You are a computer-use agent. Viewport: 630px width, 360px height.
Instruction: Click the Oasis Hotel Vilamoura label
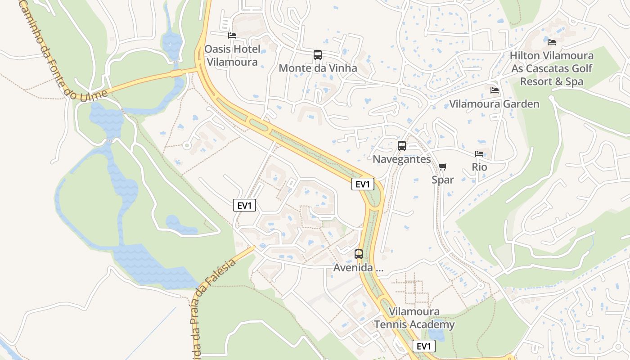(x=232, y=55)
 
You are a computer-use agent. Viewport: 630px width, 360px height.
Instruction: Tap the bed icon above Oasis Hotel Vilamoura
(x=232, y=35)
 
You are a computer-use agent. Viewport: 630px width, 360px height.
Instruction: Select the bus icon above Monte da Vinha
(x=318, y=55)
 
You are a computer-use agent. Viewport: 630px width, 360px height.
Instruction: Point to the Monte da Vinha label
(x=318, y=68)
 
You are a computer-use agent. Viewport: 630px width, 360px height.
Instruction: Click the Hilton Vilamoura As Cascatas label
(x=552, y=69)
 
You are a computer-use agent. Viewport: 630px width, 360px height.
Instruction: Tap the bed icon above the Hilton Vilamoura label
(x=552, y=42)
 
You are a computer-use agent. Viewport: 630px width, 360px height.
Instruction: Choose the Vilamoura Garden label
(x=494, y=104)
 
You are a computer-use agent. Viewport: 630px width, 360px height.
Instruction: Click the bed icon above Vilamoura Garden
(x=495, y=90)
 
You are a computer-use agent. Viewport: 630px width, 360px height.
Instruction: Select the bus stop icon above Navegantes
(x=402, y=146)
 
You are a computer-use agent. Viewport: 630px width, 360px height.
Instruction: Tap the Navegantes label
(x=402, y=159)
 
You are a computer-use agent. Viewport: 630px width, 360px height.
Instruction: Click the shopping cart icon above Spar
(x=443, y=167)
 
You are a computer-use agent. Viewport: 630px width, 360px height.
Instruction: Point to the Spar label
(x=443, y=180)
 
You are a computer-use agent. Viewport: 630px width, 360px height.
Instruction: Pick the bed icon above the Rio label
(x=479, y=154)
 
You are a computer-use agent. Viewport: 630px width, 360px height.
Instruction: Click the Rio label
(x=479, y=167)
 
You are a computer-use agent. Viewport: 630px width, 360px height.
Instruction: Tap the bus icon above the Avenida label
(x=359, y=254)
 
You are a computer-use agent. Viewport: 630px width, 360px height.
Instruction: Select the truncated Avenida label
(x=359, y=268)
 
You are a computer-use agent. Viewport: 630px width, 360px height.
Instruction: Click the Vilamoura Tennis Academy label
(x=414, y=318)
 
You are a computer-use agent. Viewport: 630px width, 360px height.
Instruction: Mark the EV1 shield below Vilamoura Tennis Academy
(x=424, y=346)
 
